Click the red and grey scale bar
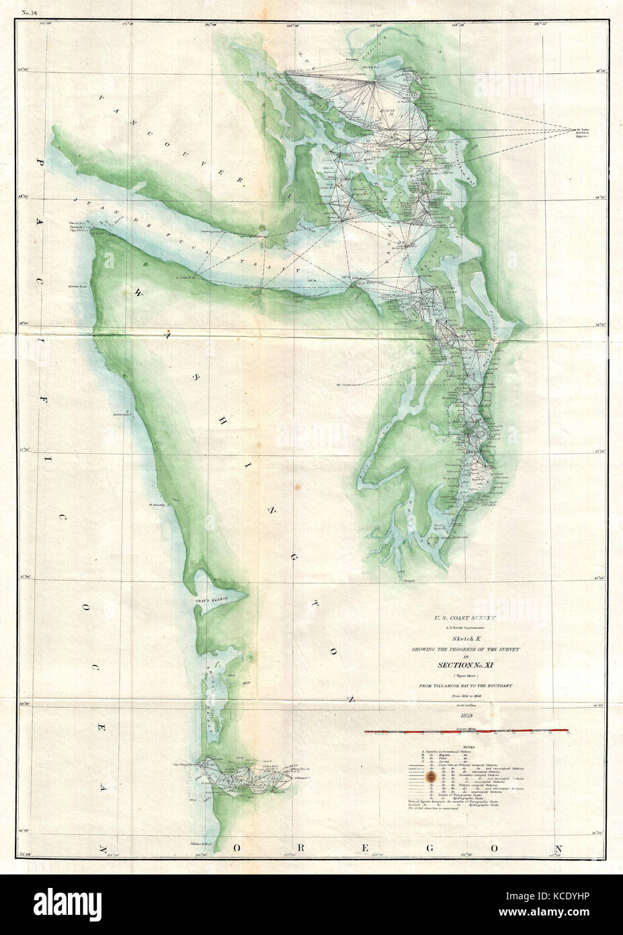(x=466, y=730)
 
